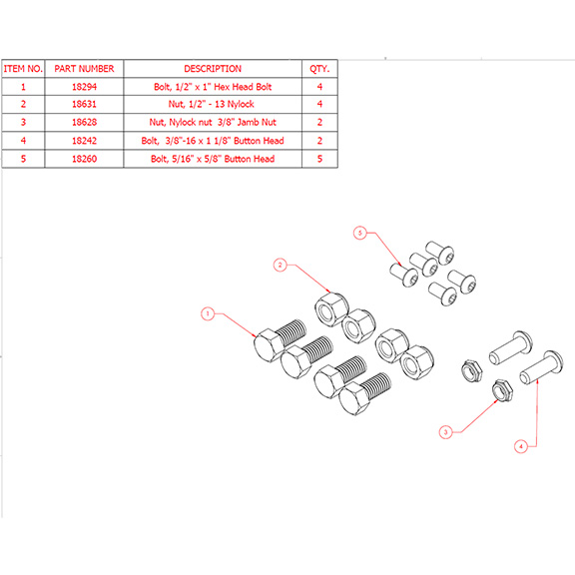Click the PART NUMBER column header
click(x=84, y=69)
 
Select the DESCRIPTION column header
click(x=213, y=69)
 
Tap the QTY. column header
click(x=319, y=69)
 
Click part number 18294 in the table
click(x=84, y=87)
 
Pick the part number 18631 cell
click(x=84, y=104)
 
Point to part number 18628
click(x=84, y=122)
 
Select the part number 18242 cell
click(x=84, y=141)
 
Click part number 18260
click(x=84, y=159)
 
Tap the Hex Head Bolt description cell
click(x=213, y=87)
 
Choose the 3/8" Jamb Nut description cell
click(x=213, y=122)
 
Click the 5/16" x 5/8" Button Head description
click(x=213, y=159)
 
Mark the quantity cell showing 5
click(x=319, y=159)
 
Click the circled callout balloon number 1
click(x=208, y=313)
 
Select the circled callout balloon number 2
click(x=281, y=265)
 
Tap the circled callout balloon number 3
click(x=446, y=432)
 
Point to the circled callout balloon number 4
click(x=521, y=446)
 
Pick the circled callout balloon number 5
click(x=360, y=233)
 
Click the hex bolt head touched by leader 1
click(x=269, y=345)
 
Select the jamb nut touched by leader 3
click(x=502, y=390)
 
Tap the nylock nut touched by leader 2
click(x=331, y=308)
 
